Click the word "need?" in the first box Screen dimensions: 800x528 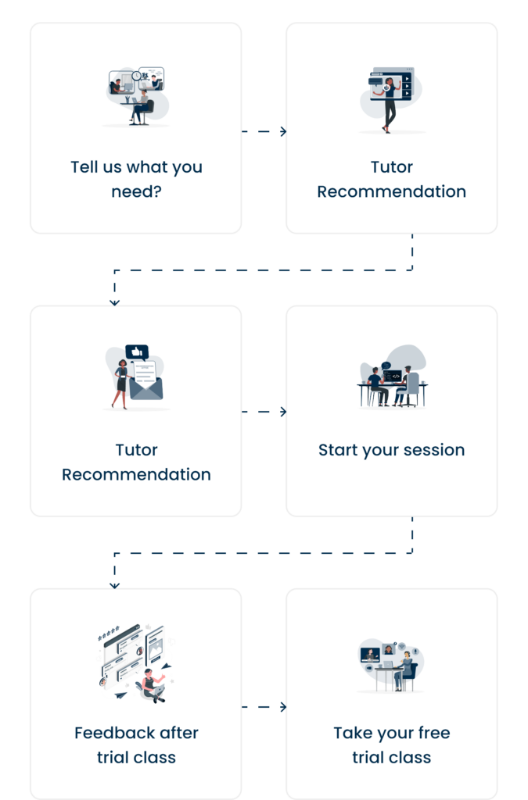point(136,191)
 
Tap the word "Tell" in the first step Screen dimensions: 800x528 point(84,166)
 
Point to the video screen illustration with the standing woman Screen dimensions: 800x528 point(392,98)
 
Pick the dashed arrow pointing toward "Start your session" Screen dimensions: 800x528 point(264,412)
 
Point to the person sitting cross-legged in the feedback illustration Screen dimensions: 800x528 point(150,684)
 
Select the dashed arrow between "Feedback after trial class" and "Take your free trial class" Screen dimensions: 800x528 point(264,707)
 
